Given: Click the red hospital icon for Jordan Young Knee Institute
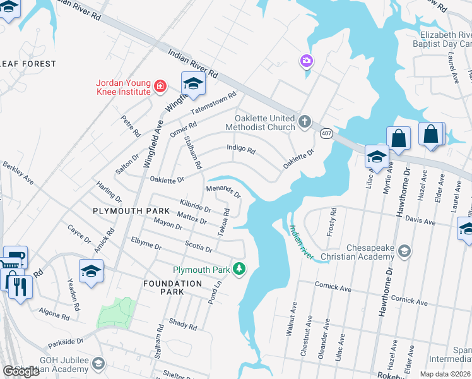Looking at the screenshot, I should click(160, 86).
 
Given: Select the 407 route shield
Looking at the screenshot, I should click(326, 133).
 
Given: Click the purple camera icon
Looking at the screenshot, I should click(306, 61).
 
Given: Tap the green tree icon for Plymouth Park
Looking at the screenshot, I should click(239, 269).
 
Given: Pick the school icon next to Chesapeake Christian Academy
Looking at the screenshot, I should click(404, 251).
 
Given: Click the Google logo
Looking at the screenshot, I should click(21, 371).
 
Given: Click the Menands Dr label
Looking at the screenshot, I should click(224, 191).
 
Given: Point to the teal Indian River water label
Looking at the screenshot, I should click(301, 243).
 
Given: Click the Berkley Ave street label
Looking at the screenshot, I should click(18, 171).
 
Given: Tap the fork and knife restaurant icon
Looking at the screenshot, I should click(19, 288).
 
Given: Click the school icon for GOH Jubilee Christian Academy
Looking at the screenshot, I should click(98, 363).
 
